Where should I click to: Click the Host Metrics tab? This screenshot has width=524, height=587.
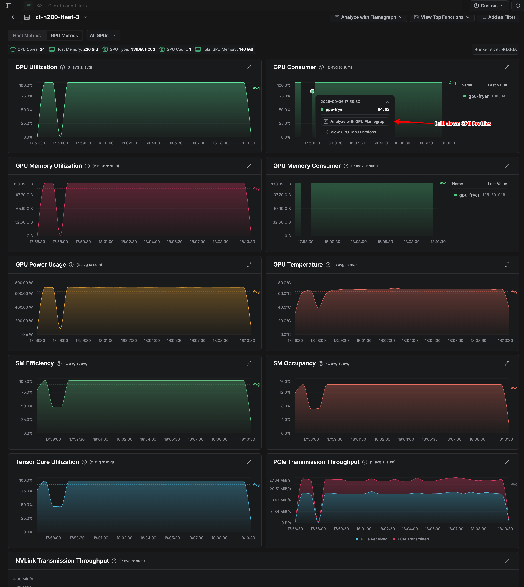27,36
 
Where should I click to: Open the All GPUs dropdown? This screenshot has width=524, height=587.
103,36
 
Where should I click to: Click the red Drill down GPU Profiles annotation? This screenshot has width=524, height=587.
462,124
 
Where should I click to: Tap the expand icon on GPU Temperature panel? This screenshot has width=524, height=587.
507,265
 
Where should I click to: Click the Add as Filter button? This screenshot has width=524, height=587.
498,17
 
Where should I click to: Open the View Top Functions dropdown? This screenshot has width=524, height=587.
442,17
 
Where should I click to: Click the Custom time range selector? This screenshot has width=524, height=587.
489,6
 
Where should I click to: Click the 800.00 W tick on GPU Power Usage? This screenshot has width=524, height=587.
24,283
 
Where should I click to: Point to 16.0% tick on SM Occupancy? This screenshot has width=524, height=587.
285,382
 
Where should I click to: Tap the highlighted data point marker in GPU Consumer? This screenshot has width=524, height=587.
312,91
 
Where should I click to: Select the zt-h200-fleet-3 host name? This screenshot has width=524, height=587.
57,17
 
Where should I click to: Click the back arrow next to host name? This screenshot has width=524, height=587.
13,17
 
